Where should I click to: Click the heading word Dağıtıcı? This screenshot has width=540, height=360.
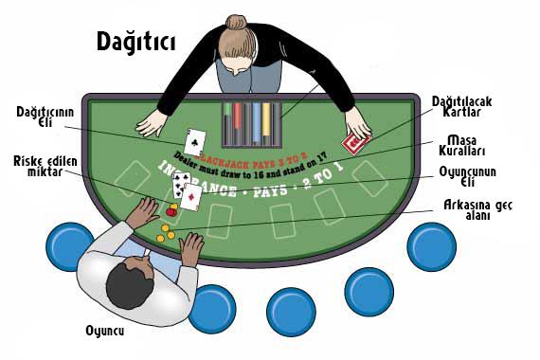tap(135, 41)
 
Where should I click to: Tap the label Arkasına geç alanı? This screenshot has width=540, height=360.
tap(479, 208)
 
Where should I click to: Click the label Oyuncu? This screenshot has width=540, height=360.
tap(105, 331)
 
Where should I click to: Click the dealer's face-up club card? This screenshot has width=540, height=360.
tap(195, 142)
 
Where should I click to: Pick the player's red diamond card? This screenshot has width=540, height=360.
tap(190, 196)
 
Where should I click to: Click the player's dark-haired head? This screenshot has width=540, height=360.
tap(125, 281)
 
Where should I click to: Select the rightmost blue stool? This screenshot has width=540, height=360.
tap(434, 245)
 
